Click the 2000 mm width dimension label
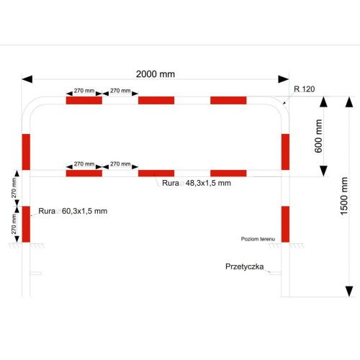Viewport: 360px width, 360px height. coord(156,74)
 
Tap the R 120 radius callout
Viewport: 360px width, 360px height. coord(305,89)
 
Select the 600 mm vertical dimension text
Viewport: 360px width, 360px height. coord(318,136)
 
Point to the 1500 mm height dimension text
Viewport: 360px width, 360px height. coord(344,196)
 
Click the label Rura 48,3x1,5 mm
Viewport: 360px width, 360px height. coord(197,183)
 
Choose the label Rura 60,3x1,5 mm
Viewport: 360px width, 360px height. coord(73,211)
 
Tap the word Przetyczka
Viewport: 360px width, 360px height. coord(245,266)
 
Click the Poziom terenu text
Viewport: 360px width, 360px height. coord(258,239)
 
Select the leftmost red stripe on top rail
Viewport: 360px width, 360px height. coord(84,100)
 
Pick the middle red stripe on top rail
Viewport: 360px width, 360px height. coord(156,100)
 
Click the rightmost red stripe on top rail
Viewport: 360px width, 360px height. coord(228,100)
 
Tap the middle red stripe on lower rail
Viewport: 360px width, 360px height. coord(156,174)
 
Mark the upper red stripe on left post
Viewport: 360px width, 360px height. coord(26,152)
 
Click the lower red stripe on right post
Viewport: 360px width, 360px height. coord(285,224)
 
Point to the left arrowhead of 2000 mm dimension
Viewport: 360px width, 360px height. coord(27,79)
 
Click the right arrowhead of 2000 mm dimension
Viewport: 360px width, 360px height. coord(284,79)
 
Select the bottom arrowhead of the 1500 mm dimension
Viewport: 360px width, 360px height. coord(349,292)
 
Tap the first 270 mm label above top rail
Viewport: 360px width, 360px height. coord(84,91)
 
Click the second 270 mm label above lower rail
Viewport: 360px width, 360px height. coord(120,164)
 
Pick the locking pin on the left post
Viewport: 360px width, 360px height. coord(36,274)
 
